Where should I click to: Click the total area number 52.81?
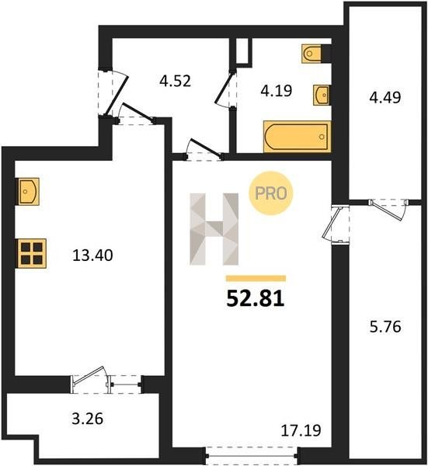[x=256, y=298]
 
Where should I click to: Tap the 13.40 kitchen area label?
[x=92, y=256]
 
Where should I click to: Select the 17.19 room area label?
[x=301, y=430]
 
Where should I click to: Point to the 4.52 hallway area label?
[x=175, y=81]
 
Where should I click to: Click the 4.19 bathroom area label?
[x=277, y=91]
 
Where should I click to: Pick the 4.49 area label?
[x=385, y=97]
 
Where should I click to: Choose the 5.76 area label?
[x=385, y=327]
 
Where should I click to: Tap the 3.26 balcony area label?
[x=88, y=419]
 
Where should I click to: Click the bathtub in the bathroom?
[x=298, y=137]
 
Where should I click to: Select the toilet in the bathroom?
[x=312, y=54]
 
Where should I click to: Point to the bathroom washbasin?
[x=322, y=95]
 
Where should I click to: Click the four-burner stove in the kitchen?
[x=32, y=253]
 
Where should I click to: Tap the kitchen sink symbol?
[x=28, y=191]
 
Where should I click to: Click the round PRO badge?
[x=271, y=193]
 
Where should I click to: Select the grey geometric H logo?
[x=214, y=229]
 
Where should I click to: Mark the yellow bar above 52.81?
[x=256, y=278]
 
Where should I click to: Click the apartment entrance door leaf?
[x=117, y=96]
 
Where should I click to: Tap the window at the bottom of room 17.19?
[x=252, y=456]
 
